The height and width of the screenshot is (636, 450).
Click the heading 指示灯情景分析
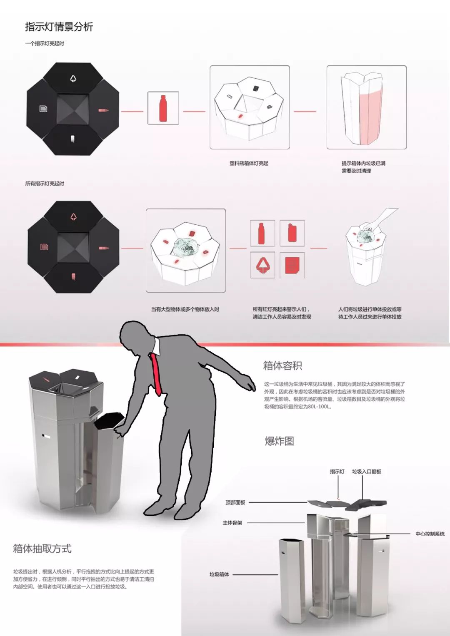59,27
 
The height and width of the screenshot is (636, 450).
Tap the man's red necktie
156,374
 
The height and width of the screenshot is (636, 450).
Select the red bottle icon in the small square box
163,108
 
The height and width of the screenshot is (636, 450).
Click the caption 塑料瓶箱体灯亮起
249,163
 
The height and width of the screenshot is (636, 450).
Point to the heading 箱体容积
282,365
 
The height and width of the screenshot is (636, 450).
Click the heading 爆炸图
280,441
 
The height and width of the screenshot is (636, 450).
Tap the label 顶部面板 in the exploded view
235,502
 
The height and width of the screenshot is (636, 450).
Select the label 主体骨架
232,523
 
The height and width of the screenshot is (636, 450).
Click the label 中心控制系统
430,534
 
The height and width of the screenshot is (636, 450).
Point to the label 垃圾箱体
219,574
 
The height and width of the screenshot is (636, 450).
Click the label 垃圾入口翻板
367,472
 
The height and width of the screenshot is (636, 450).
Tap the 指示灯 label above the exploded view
337,472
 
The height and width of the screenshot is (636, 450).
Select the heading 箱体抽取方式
42,549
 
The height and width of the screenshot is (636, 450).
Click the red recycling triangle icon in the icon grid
262,265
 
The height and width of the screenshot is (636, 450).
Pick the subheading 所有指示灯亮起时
45,184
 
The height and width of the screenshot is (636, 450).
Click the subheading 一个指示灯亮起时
45,43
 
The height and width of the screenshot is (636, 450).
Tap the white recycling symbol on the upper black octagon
73,78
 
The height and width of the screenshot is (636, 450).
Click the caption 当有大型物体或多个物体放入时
185,309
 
